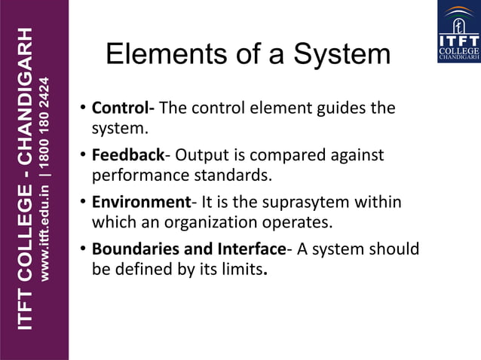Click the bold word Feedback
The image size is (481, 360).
click(x=127, y=155)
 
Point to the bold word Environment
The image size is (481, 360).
click(x=140, y=202)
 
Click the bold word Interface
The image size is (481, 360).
click(x=252, y=249)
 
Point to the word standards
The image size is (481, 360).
click(x=235, y=176)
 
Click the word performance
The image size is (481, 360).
click(x=136, y=176)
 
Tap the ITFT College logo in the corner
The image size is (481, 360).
click(x=458, y=32)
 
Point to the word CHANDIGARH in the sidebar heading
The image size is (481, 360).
click(x=26, y=99)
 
